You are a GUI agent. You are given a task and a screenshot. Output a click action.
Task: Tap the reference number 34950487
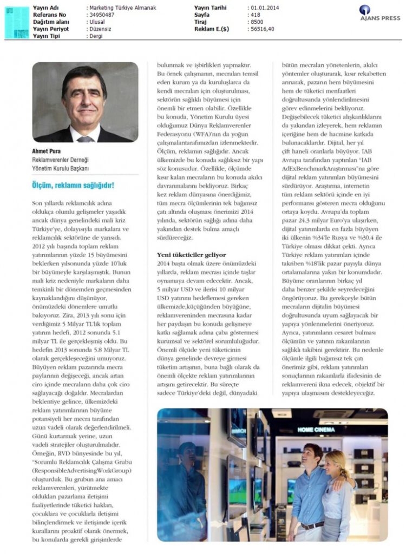(101, 15)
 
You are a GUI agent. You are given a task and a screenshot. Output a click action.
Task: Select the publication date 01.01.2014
(265, 8)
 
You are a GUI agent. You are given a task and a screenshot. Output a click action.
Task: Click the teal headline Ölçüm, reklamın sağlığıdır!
(73, 186)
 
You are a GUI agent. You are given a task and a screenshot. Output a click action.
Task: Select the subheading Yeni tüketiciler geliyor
(191, 254)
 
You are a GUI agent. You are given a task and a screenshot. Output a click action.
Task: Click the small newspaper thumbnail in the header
(16, 22)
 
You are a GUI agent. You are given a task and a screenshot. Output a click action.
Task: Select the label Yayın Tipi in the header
(47, 36)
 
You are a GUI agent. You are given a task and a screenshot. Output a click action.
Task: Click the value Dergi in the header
(97, 36)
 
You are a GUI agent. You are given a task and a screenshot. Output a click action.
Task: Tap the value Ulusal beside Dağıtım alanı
(98, 22)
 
